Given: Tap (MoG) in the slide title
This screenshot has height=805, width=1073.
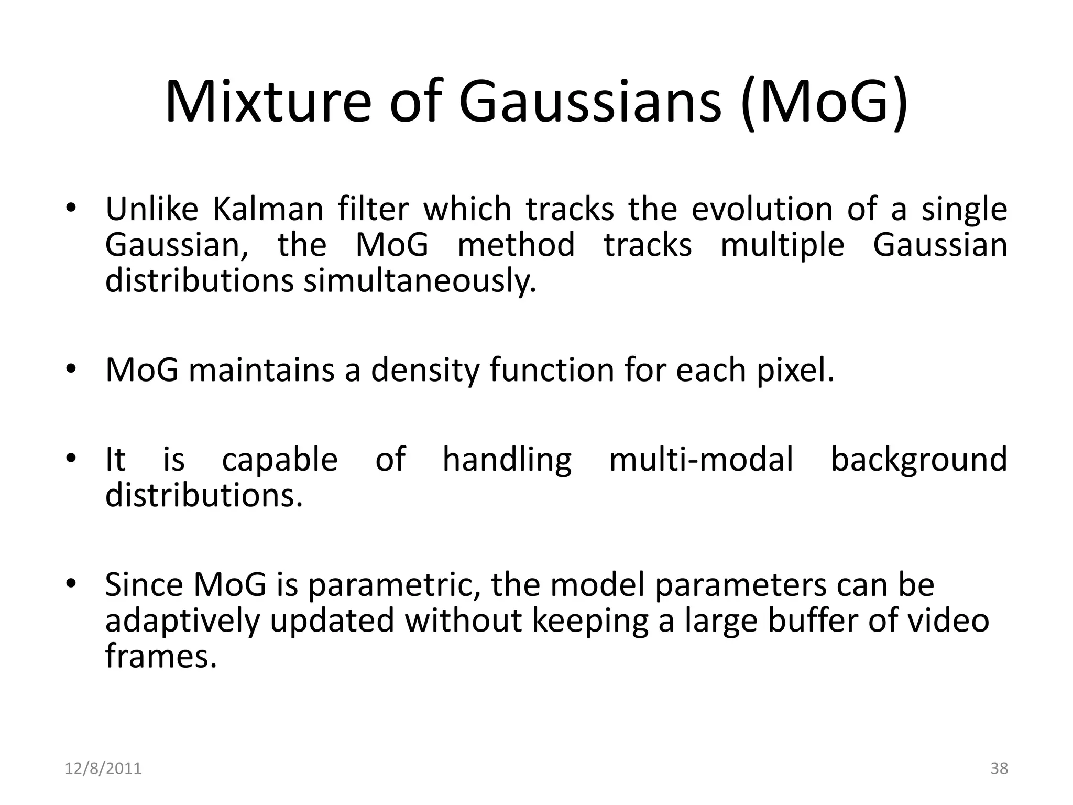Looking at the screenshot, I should (825, 102).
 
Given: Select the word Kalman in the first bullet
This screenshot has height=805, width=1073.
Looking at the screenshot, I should (268, 209).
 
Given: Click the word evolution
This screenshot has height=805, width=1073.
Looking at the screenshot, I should (762, 209).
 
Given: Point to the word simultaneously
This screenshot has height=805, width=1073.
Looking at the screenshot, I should (420, 281).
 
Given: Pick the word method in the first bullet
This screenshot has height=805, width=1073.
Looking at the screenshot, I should (516, 245).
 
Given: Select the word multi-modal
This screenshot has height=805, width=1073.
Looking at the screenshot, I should (701, 459).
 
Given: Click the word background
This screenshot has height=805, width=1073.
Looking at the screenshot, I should (919, 459).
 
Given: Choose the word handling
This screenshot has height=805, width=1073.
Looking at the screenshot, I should (507, 459).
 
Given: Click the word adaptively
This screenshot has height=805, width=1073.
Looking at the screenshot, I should (182, 620).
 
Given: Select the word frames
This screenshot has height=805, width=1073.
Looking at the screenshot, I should (161, 655).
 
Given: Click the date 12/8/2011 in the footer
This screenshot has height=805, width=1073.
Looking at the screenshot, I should (103, 768).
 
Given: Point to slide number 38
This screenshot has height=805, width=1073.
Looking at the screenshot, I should (999, 768).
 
